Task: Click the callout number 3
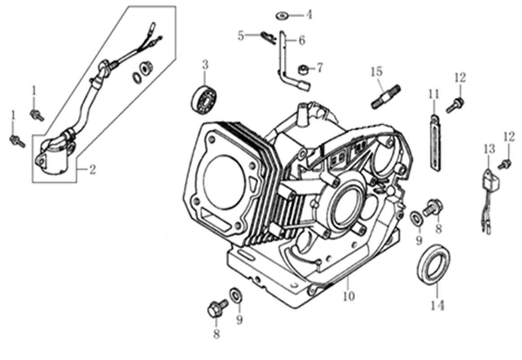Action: coord(205,65)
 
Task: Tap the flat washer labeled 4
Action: coord(282,16)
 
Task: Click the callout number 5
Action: coord(241,35)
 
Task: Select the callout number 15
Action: coord(377,71)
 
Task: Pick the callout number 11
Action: coord(433,95)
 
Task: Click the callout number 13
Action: coord(488,149)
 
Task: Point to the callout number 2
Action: coord(92,170)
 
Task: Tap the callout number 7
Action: coord(319,68)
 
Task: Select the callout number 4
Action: coord(309,15)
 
